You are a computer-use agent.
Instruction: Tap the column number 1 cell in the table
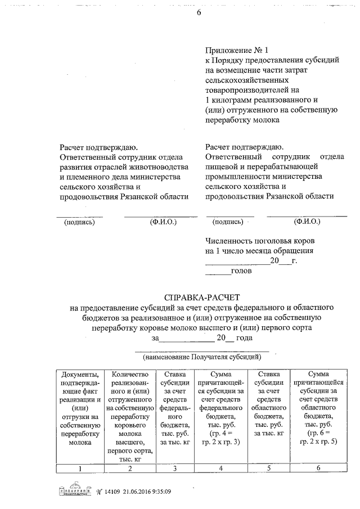point(80,468)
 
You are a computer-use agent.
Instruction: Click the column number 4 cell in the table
point(220,468)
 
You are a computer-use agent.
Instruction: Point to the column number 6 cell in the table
point(318,468)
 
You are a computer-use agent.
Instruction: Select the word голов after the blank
point(242,271)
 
